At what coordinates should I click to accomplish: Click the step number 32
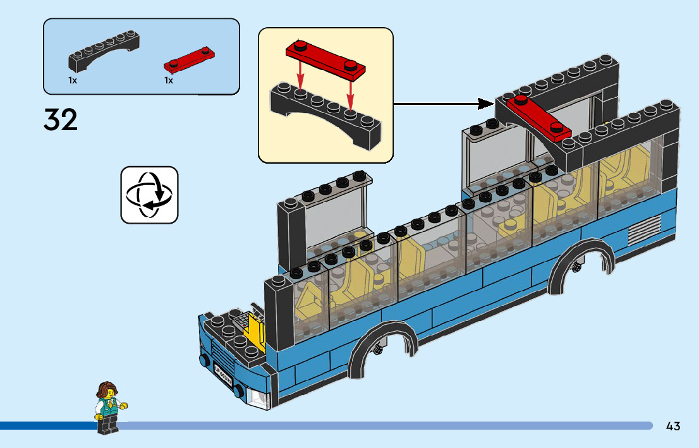[61, 120]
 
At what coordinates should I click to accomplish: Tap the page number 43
[673, 427]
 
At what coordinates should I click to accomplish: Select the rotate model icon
[149, 195]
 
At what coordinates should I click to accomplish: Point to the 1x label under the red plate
[169, 81]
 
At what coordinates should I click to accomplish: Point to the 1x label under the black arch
[73, 81]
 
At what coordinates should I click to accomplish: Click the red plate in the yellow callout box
[326, 58]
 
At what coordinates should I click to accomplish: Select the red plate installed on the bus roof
[539, 116]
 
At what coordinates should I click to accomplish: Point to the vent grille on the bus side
[645, 229]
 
